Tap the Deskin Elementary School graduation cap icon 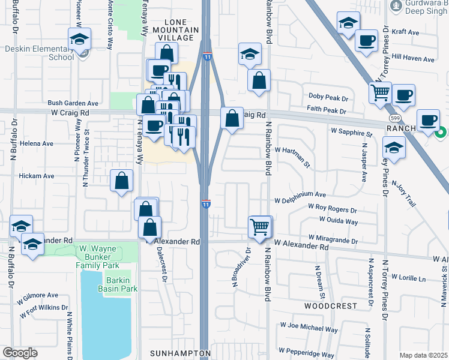point(79,40)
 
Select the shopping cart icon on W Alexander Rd point(260,227)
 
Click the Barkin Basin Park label point(121,284)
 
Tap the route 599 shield point(394,119)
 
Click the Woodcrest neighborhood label point(322,305)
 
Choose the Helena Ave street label point(36,144)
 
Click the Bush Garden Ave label point(72,103)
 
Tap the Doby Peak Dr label point(328,97)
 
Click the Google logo point(20,353)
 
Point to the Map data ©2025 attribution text point(423,355)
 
